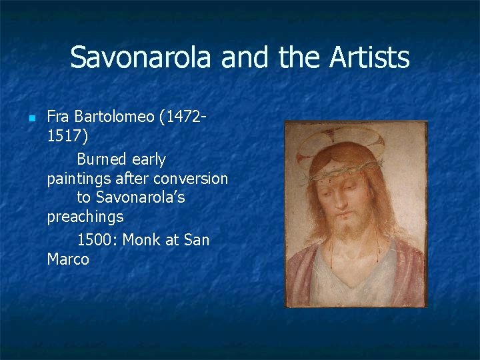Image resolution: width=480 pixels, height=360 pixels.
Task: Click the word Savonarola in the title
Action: pos(143,57)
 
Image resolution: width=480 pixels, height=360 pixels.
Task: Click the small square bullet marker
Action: pos(31,118)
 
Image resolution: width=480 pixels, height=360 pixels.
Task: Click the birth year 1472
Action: pos(182,117)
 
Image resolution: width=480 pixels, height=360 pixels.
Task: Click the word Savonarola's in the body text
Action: pos(140,198)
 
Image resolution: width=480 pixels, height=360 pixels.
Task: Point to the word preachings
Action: pos(85,217)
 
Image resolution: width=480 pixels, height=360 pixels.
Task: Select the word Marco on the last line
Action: pos(68,259)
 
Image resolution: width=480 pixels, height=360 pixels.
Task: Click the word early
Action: pos(148,159)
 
